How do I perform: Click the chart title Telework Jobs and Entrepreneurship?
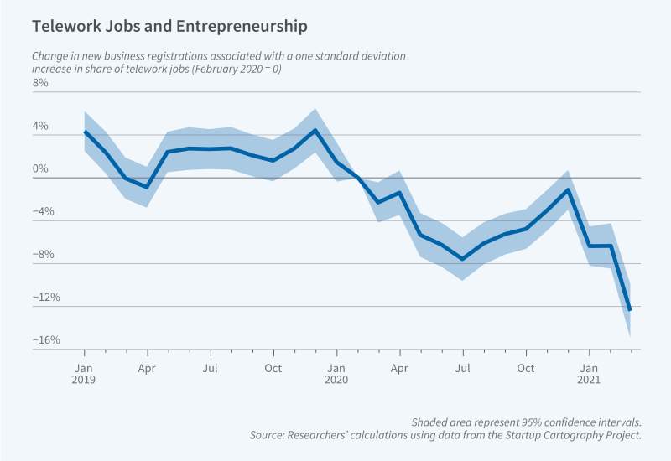pyautogui.click(x=169, y=27)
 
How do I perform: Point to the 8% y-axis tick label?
pyautogui.click(x=41, y=85)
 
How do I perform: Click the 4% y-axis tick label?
pyautogui.click(x=41, y=127)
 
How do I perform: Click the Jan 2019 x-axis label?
pyautogui.click(x=84, y=373)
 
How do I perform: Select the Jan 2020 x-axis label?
pyautogui.click(x=336, y=373)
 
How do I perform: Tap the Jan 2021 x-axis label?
pyautogui.click(x=589, y=373)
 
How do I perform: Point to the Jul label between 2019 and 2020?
pyautogui.click(x=211, y=367)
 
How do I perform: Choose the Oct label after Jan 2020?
pyautogui.click(x=526, y=367)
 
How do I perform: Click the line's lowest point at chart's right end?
pyautogui.click(x=630, y=310)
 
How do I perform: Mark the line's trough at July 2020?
pyautogui.click(x=462, y=259)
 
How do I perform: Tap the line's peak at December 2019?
pyautogui.click(x=315, y=130)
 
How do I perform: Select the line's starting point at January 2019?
pyautogui.click(x=85, y=132)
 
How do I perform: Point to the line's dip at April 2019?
pyautogui.click(x=148, y=188)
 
